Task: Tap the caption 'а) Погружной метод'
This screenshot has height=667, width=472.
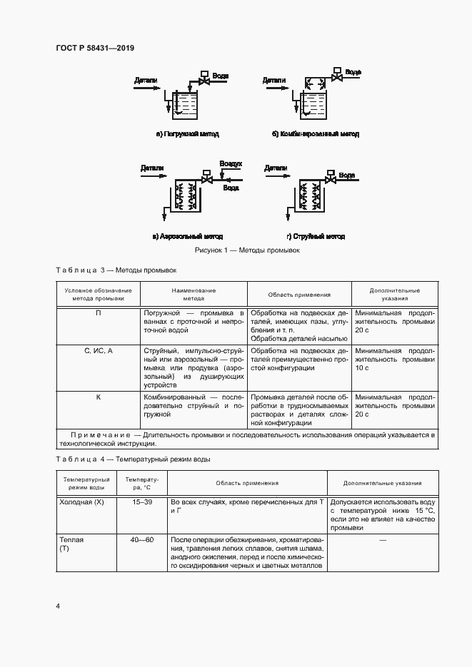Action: point(187,133)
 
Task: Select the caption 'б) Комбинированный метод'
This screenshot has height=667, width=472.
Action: point(315,133)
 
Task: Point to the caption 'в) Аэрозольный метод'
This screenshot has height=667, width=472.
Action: point(187,236)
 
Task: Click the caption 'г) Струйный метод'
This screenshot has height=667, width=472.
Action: point(315,236)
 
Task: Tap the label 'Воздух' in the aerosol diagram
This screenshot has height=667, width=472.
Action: point(231,163)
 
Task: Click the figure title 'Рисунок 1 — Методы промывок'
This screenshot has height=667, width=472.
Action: point(246,251)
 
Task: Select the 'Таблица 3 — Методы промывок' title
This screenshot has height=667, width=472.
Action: point(115,270)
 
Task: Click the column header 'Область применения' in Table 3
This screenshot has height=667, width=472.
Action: point(299,295)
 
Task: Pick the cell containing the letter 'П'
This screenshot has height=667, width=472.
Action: point(98,313)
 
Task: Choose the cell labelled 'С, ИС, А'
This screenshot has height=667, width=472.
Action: point(98,350)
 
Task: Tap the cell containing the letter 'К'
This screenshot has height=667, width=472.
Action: point(98,396)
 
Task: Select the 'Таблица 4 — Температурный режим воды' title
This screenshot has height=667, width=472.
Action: point(133,459)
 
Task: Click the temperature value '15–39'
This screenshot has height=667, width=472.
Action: point(142,502)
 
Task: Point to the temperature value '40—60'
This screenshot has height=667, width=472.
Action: point(142,539)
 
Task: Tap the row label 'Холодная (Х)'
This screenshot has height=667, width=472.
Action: point(80,502)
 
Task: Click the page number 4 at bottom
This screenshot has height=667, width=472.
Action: point(58,606)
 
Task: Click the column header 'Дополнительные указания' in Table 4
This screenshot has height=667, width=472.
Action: point(382,483)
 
